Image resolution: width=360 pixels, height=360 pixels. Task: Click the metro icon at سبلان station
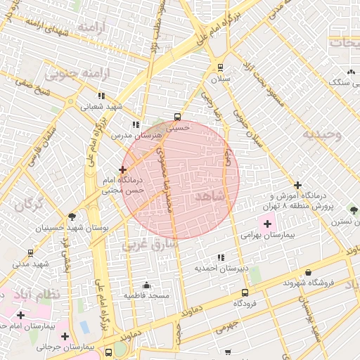221,68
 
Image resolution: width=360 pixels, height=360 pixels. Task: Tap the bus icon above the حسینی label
176,117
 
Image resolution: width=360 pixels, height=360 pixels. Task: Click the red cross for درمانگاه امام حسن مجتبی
123,169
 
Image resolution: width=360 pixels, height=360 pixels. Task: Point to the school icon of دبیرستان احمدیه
221,257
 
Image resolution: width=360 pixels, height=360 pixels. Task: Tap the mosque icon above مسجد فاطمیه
146,285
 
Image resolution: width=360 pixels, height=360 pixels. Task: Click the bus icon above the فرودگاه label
244,292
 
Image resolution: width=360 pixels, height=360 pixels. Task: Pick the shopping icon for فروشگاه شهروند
308,273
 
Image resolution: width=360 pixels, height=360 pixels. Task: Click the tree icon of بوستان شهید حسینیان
72,217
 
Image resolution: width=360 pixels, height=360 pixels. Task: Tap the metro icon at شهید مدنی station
30,252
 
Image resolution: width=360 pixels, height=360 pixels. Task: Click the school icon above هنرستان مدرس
136,124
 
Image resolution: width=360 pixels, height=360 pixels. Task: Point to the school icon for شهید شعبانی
101,96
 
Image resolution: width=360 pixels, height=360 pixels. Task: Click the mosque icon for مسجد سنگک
350,72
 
